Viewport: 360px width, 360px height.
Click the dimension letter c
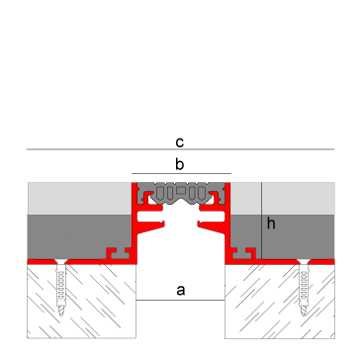tap(180, 141)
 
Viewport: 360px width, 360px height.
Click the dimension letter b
tap(180, 164)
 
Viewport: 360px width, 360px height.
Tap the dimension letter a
tap(180, 290)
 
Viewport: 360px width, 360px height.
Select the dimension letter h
tap(271, 225)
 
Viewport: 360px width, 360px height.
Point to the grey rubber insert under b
tap(180, 191)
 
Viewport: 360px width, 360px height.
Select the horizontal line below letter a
tap(180, 300)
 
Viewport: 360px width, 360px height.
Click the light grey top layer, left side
tap(79, 199)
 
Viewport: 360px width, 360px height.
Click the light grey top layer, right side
tap(297, 199)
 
